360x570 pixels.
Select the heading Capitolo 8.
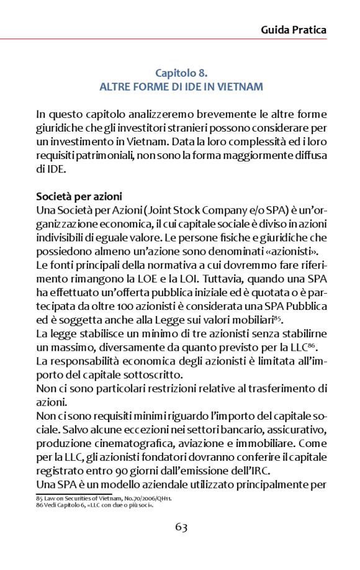tap(181, 73)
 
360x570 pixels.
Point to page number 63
tap(181, 527)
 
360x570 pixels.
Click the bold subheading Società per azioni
tap(78, 196)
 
